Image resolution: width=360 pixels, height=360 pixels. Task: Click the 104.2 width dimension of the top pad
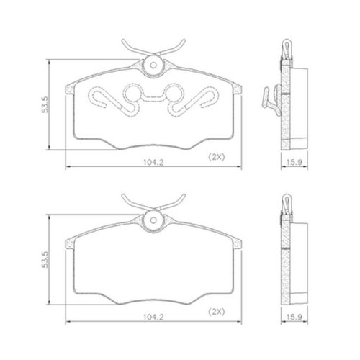[x=153, y=163]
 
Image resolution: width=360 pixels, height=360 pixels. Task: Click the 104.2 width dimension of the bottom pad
[x=153, y=318]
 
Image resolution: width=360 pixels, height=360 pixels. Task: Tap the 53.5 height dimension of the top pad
[x=45, y=104]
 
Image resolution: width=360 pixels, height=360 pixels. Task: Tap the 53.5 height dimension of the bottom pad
[x=45, y=259]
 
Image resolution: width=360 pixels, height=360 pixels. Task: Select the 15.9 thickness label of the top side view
[x=294, y=163]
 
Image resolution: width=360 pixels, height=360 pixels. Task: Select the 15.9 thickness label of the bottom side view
[x=294, y=318]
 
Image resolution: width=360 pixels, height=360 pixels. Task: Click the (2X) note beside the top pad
[x=216, y=157]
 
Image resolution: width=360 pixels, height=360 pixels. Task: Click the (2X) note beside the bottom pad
[x=216, y=312]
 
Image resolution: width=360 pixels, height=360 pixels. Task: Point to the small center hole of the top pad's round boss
[x=153, y=65]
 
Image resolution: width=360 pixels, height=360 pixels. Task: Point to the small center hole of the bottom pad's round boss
[x=153, y=220]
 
